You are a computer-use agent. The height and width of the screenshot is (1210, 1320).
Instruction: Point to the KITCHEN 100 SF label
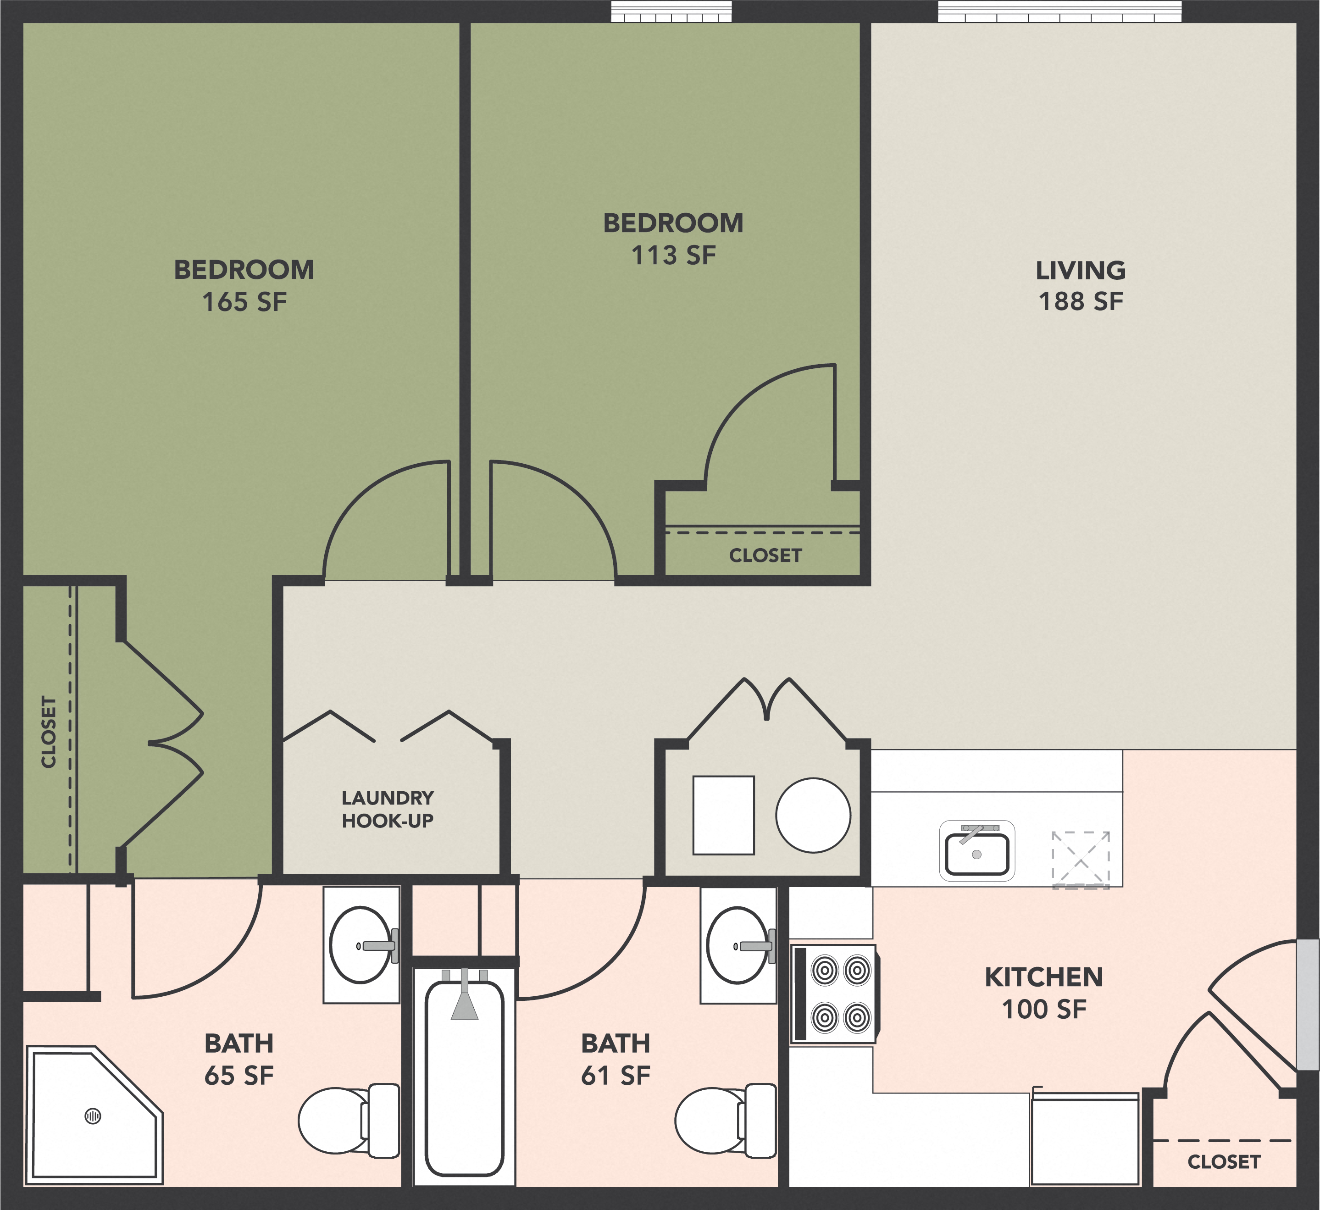tap(1044, 994)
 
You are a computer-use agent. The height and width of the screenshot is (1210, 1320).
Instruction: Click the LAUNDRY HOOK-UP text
tap(388, 809)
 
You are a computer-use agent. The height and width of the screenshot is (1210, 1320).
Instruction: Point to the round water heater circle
tap(813, 815)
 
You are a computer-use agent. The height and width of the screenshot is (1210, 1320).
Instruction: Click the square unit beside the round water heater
tap(723, 815)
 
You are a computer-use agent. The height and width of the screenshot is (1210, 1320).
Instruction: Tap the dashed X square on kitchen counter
tap(1081, 860)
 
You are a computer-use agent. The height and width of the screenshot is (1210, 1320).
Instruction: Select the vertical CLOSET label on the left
tap(49, 732)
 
